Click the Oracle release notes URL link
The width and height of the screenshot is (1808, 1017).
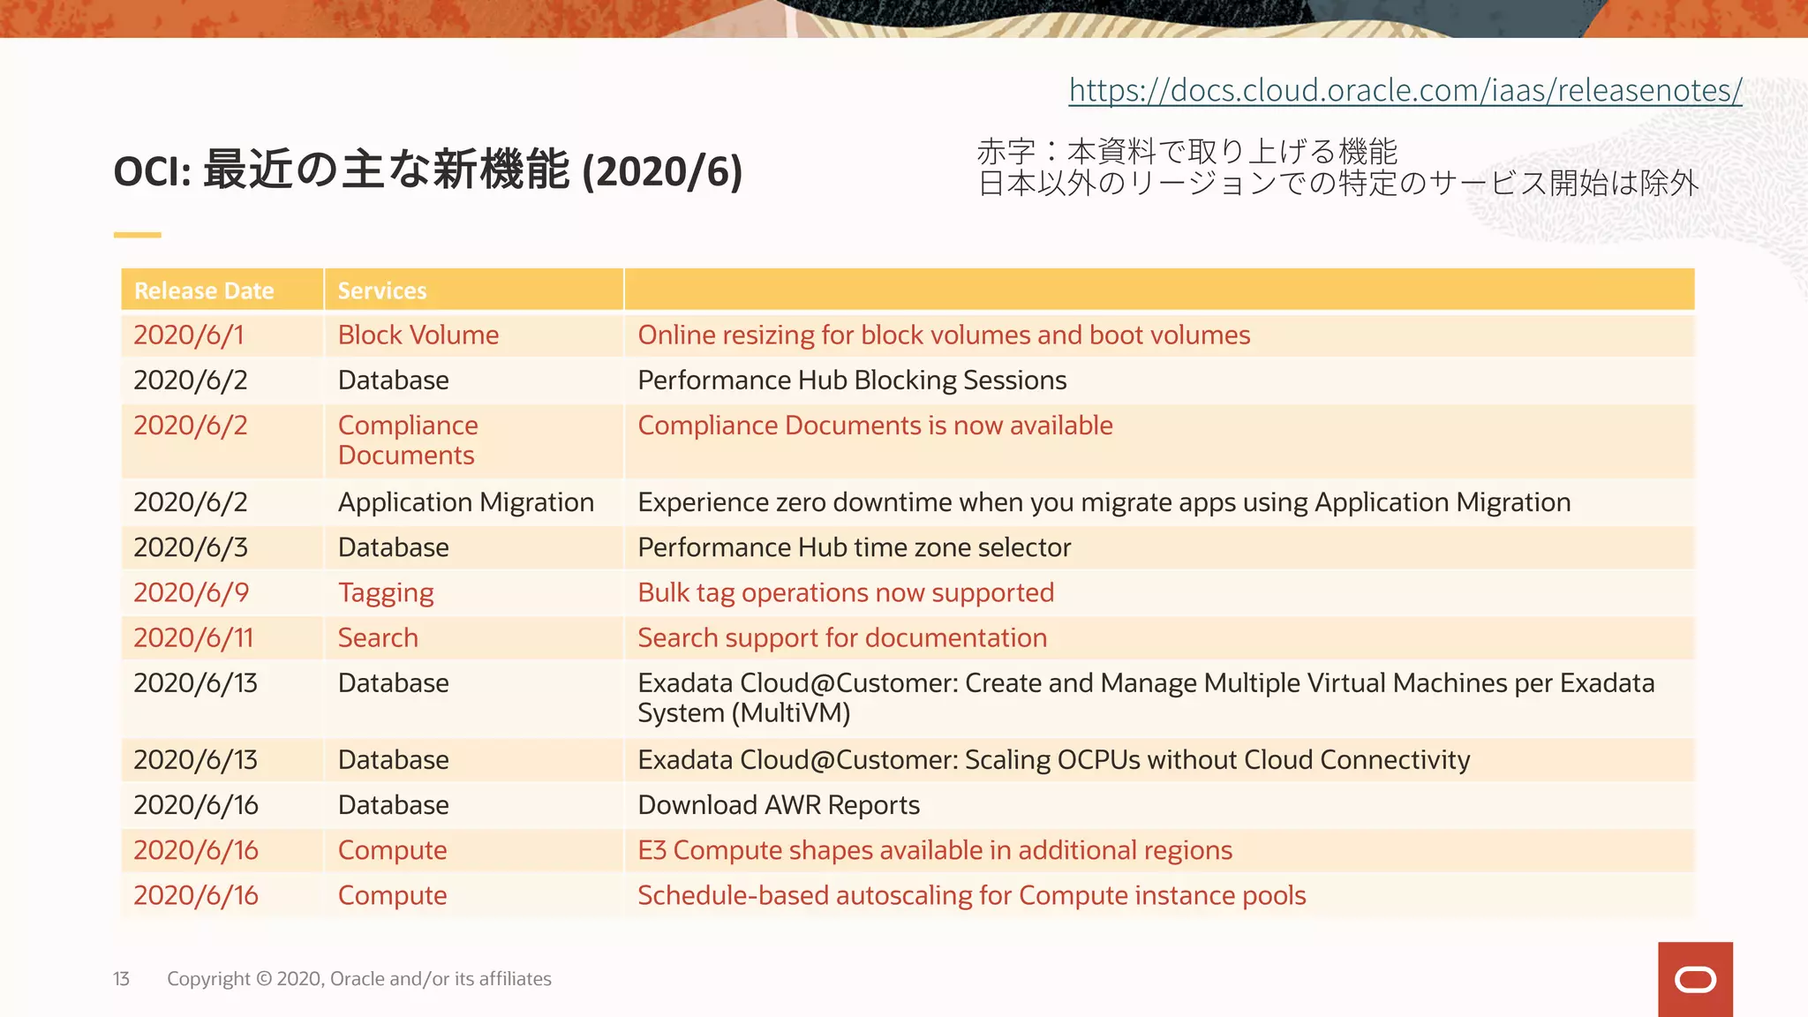point(1405,90)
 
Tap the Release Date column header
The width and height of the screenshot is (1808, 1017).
point(204,290)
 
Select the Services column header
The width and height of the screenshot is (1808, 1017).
point(382,290)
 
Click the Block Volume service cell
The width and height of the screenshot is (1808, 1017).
point(418,335)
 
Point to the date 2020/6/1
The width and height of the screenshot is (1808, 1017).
point(188,335)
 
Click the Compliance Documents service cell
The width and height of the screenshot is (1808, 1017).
point(408,440)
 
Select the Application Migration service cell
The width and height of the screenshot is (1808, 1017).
point(466,502)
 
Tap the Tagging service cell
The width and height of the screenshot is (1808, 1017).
point(386,593)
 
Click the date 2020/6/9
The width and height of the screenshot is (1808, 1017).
point(191,592)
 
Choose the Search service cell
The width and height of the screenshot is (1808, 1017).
point(378,638)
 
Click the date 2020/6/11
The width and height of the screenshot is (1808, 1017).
point(193,638)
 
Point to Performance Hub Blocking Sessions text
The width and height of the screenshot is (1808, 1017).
point(852,380)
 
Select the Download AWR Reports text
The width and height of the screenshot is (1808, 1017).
point(779,805)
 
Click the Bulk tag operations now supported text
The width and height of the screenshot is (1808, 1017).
point(846,592)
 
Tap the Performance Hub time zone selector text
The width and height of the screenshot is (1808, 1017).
point(854,547)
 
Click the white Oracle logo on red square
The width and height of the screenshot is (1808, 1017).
point(1695,979)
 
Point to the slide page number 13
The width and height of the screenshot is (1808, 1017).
point(121,979)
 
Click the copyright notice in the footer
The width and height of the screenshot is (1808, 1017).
point(358,979)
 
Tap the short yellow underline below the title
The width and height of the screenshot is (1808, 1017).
point(137,235)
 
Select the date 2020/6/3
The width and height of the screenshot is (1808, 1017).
point(191,547)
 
